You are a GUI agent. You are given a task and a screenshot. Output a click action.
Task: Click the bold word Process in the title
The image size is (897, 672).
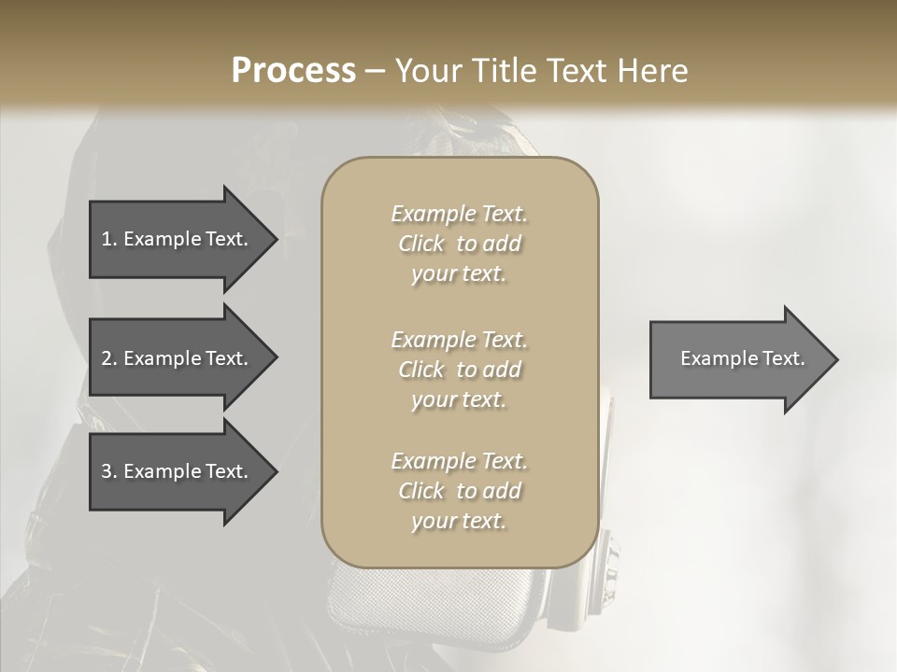click(293, 71)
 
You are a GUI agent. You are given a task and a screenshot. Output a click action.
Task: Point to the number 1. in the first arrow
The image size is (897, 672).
click(109, 239)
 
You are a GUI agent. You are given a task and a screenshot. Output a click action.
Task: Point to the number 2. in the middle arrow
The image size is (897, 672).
click(109, 358)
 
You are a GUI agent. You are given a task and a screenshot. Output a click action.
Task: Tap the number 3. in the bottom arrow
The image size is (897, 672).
click(109, 471)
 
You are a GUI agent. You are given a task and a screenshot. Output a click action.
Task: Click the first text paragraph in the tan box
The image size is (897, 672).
click(460, 244)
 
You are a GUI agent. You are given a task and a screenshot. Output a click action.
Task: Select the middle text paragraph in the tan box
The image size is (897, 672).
click(460, 370)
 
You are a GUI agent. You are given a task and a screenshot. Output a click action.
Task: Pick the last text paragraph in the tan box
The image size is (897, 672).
click(460, 491)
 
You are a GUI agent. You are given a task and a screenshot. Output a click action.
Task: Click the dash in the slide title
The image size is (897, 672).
click(375, 71)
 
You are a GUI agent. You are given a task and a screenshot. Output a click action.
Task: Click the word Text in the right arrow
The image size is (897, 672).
click(784, 358)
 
